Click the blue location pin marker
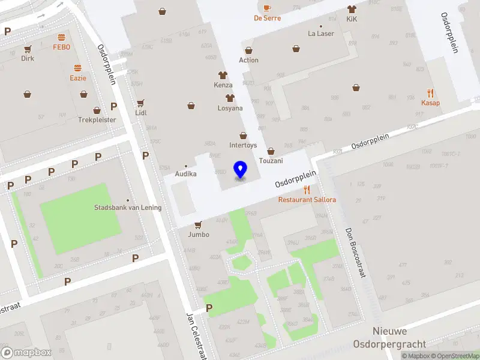coord(241,170)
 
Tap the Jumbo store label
coord(199,235)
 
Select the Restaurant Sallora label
coord(307,199)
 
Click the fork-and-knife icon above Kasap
coord(430,93)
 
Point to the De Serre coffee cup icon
coord(267,8)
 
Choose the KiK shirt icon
coord(352,10)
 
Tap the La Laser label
coord(321,34)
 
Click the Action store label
coord(248,60)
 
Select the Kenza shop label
coord(223,85)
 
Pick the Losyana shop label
coord(230,109)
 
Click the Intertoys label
coord(243,145)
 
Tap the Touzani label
coord(271,161)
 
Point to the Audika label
coord(185,174)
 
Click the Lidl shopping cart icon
coord(141,103)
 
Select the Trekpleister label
coord(97,119)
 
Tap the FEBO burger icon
coord(61,37)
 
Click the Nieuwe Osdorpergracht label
coord(399,338)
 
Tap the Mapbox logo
coord(26,353)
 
